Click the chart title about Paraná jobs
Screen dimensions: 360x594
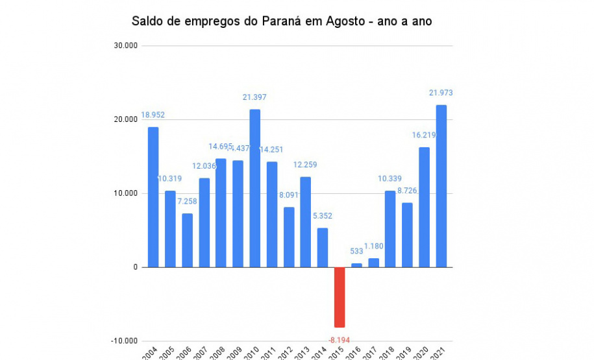click(282, 21)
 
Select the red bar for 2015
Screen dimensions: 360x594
click(340, 297)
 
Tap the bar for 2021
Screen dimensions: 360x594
click(441, 186)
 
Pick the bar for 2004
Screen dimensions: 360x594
click(153, 197)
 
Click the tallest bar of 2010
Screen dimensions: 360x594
click(255, 188)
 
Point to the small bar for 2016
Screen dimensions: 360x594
click(356, 265)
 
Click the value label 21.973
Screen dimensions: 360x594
click(441, 93)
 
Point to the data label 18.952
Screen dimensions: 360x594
click(153, 115)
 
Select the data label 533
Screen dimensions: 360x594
click(356, 251)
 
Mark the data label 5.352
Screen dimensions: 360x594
click(323, 216)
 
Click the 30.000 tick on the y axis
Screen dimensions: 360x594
click(125, 46)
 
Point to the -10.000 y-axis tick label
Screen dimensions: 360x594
click(124, 341)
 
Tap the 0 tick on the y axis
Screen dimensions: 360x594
click(134, 267)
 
